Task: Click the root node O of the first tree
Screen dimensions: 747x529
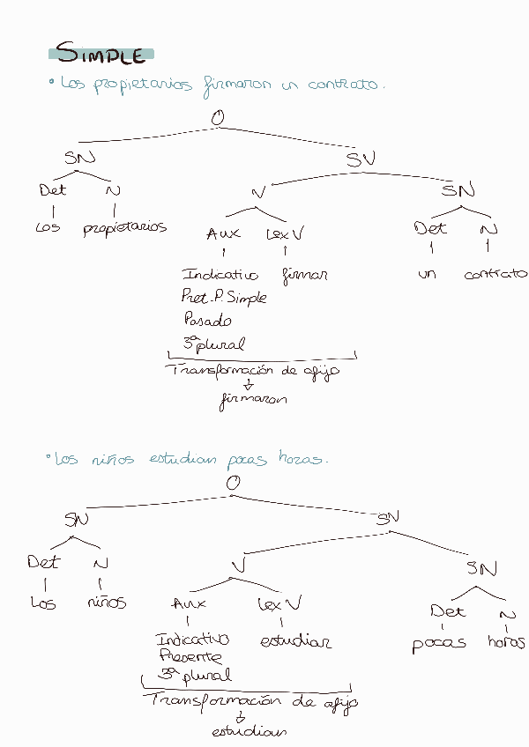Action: [x=217, y=117]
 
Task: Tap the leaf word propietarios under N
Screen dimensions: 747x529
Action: [x=124, y=228]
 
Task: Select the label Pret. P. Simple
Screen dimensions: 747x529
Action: [x=223, y=297]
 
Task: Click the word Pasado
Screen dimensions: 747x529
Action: [x=207, y=320]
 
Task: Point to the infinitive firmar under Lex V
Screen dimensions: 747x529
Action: [x=305, y=275]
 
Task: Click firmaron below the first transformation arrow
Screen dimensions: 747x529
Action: [x=253, y=400]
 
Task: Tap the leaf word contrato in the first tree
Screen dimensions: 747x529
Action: [x=495, y=274]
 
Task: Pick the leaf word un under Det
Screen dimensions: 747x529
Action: [x=428, y=275]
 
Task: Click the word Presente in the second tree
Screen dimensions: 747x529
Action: [x=190, y=656]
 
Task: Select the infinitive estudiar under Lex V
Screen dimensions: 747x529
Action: [x=295, y=641]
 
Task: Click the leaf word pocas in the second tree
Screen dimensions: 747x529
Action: [x=438, y=643]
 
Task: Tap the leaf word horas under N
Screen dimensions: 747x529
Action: [x=506, y=642]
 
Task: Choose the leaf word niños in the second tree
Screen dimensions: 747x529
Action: [x=107, y=603]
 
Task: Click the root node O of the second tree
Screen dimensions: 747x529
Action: [x=233, y=483]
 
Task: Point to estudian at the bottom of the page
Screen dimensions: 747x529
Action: [x=250, y=732]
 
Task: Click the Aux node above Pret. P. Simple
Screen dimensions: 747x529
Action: [x=222, y=234]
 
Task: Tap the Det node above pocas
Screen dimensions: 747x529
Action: [x=448, y=610]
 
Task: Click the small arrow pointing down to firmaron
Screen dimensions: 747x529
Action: [x=249, y=385]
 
